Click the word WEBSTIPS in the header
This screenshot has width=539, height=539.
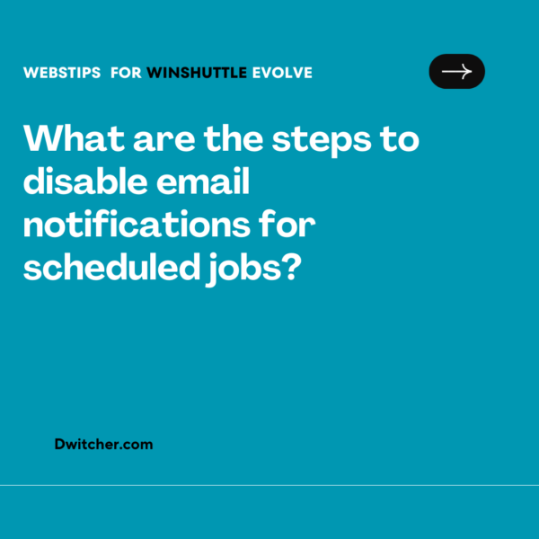pos(63,73)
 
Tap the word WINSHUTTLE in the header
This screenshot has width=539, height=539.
pos(196,73)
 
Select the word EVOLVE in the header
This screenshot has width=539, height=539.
pos(282,73)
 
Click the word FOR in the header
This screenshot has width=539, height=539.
pos(126,73)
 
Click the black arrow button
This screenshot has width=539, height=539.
pos(456,72)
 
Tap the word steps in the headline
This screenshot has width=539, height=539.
pos(332,141)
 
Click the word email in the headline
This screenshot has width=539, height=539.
pos(206,183)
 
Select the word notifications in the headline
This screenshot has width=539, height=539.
pos(134,225)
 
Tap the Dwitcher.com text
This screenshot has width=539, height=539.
pos(103,444)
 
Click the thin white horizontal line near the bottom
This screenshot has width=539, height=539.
pos(269,485)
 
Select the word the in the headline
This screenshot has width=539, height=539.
pos(234,141)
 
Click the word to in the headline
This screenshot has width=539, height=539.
pos(401,141)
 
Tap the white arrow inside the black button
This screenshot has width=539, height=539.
pos(456,72)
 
